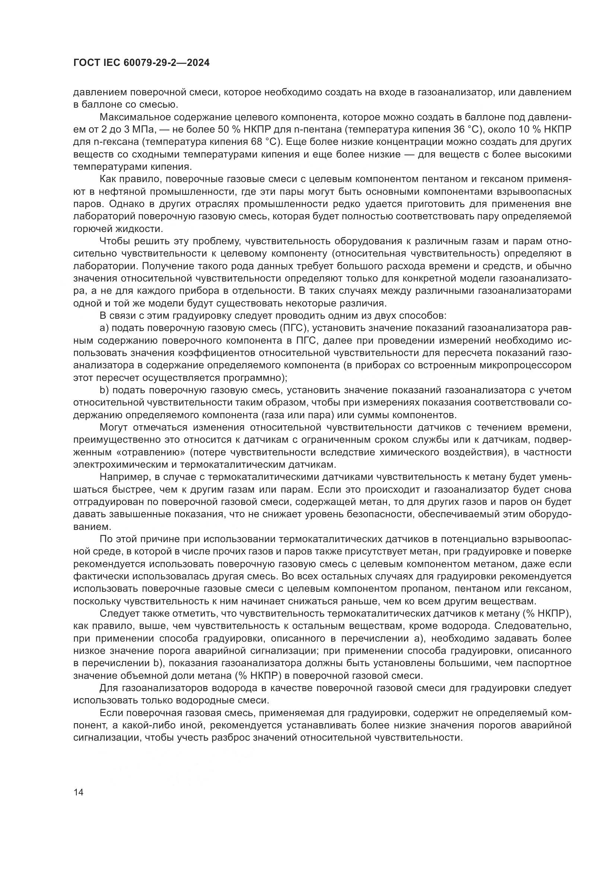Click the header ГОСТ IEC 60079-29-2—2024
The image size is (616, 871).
click(x=141, y=63)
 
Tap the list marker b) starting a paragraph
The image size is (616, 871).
click(x=104, y=390)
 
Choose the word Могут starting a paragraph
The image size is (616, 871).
click(x=114, y=427)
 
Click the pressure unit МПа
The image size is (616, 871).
click(x=143, y=129)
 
